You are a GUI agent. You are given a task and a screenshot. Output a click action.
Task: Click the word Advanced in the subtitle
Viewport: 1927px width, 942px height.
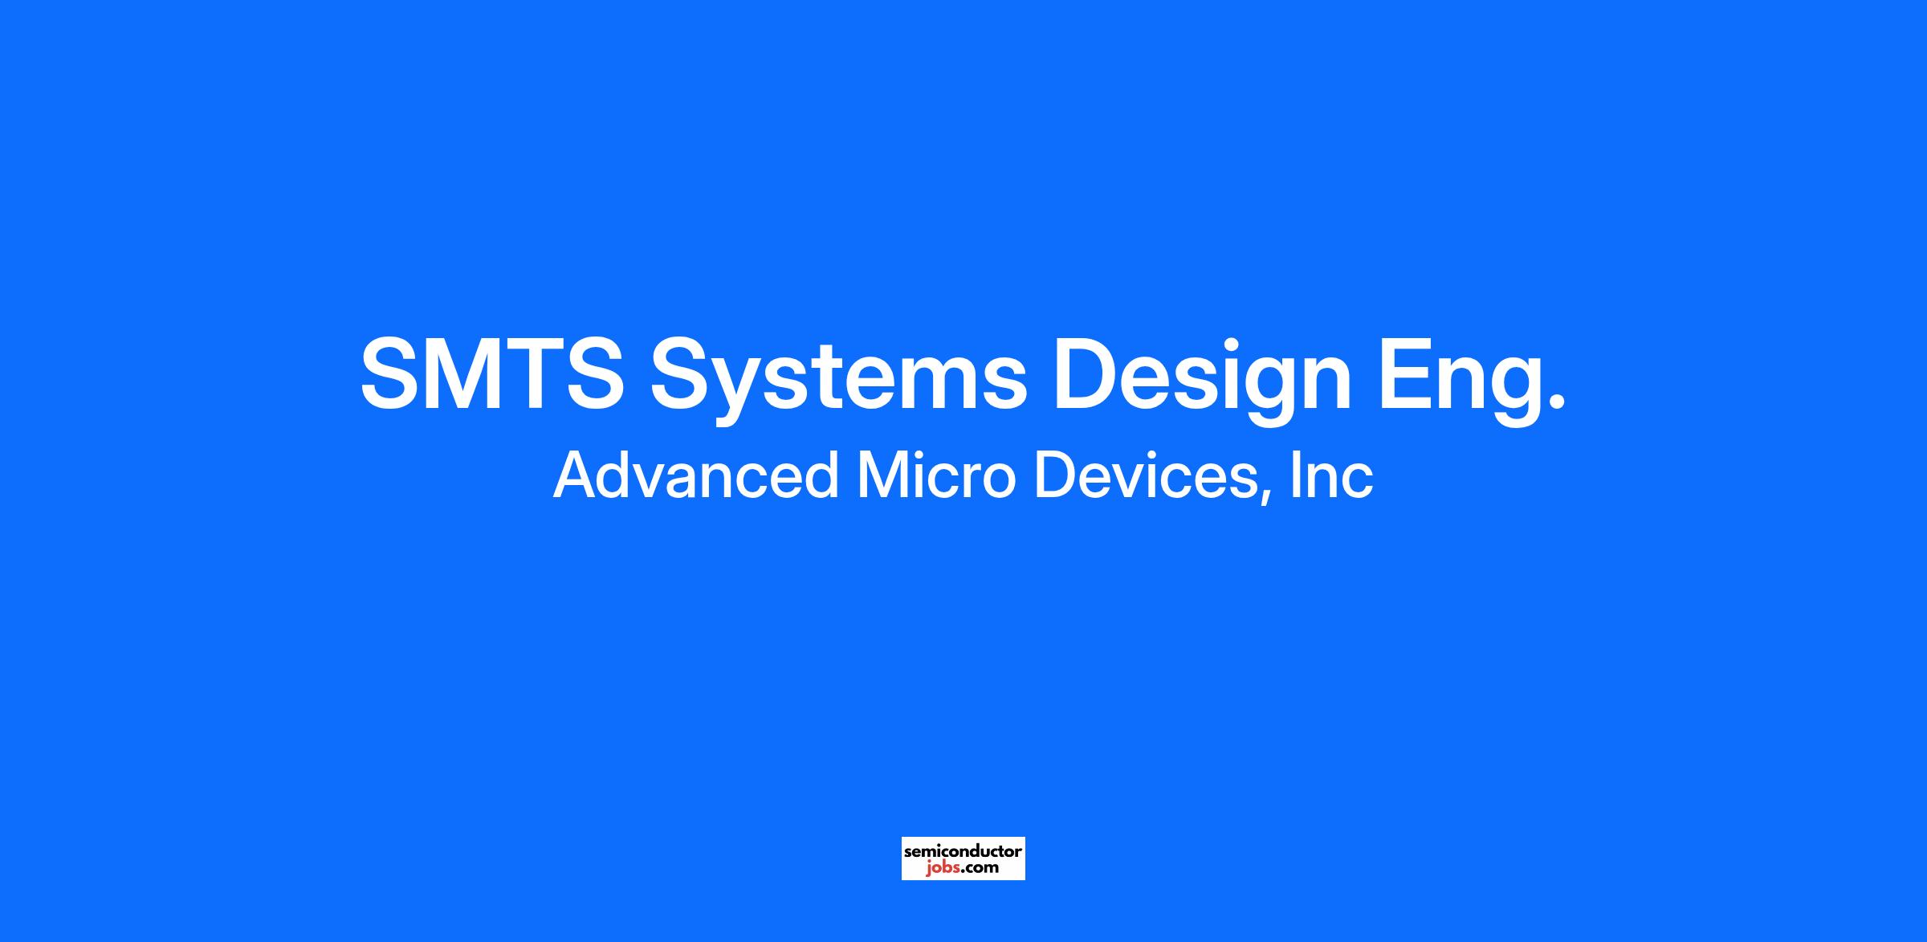point(695,475)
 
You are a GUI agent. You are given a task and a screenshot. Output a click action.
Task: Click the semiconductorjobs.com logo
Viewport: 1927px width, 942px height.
point(963,858)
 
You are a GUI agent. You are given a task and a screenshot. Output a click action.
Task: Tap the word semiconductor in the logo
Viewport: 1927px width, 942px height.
point(963,850)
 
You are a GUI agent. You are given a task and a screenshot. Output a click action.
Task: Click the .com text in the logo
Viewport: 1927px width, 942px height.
point(978,868)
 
